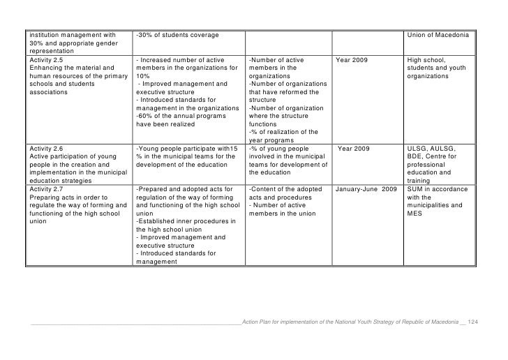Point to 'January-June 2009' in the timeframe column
366,190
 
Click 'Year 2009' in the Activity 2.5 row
352,60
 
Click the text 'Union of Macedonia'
438,35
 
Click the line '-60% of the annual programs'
179,116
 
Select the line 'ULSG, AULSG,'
430,149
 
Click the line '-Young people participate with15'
186,149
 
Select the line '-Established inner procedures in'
186,223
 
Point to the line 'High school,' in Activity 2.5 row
425,60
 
